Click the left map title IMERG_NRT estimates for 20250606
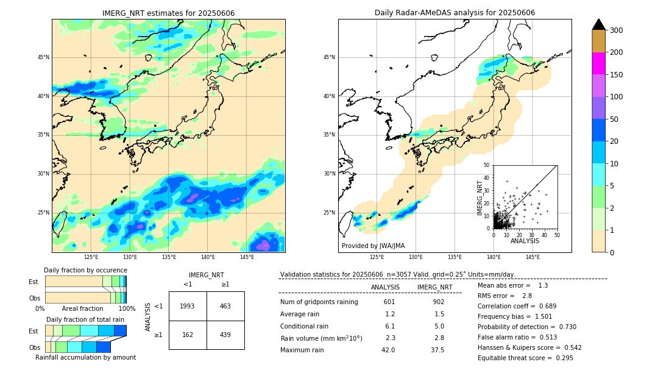pos(168,13)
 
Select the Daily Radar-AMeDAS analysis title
pos(455,13)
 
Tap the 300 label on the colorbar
pos(617,30)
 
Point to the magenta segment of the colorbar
pos(598,63)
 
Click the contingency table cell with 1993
pos(188,306)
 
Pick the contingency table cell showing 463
pos(225,306)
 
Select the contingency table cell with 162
pos(188,335)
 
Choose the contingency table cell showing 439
pos(225,335)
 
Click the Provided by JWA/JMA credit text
pos(373,246)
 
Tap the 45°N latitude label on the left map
pos(43,57)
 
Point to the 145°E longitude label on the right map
pos(532,257)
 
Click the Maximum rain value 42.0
pos(388,350)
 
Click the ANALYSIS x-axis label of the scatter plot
pos(525,241)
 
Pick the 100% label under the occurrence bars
pos(127,308)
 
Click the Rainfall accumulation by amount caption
pos(85,357)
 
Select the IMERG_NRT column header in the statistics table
pos(434,287)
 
